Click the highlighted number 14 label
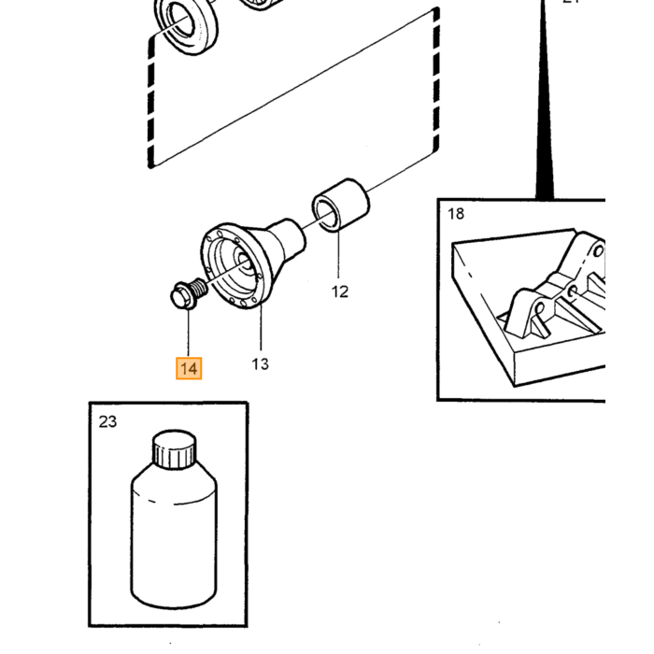(189, 369)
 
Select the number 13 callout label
(261, 364)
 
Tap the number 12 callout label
(339, 291)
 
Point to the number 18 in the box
(456, 214)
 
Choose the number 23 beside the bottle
(107, 421)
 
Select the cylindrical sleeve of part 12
(341, 205)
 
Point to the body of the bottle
(174, 538)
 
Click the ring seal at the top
(187, 26)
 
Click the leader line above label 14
(188, 333)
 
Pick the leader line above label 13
(261, 327)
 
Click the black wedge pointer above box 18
(545, 100)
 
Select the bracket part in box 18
(555, 288)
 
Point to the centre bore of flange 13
(244, 263)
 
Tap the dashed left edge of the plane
(151, 102)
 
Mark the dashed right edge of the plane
(436, 79)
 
